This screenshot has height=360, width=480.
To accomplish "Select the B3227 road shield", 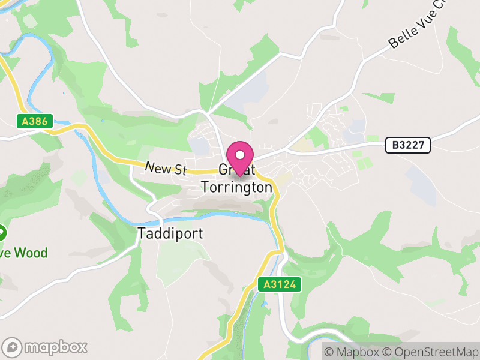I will [x=407, y=145].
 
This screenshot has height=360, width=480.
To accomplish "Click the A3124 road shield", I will [x=280, y=284].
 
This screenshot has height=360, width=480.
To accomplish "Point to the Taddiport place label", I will [x=170, y=233].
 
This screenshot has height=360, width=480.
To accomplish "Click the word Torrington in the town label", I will [x=236, y=187].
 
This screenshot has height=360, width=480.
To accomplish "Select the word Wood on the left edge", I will [x=31, y=253].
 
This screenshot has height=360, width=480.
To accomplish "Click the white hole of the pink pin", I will [x=240, y=154].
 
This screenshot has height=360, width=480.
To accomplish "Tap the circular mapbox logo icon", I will [x=13, y=347].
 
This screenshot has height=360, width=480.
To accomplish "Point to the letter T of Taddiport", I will [x=142, y=233].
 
